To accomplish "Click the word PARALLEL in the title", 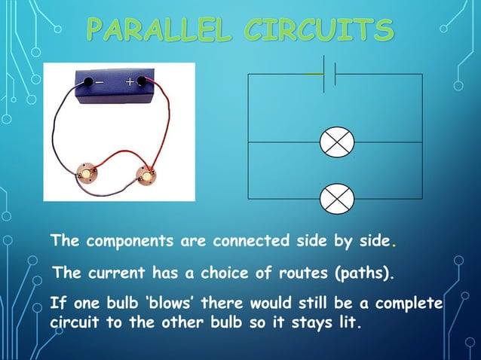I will tap(163, 31).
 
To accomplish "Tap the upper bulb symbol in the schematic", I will tap(336, 142).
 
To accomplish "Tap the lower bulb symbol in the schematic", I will tap(336, 199).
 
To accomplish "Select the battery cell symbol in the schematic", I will tap(329, 74).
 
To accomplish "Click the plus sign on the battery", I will tap(130, 81).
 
